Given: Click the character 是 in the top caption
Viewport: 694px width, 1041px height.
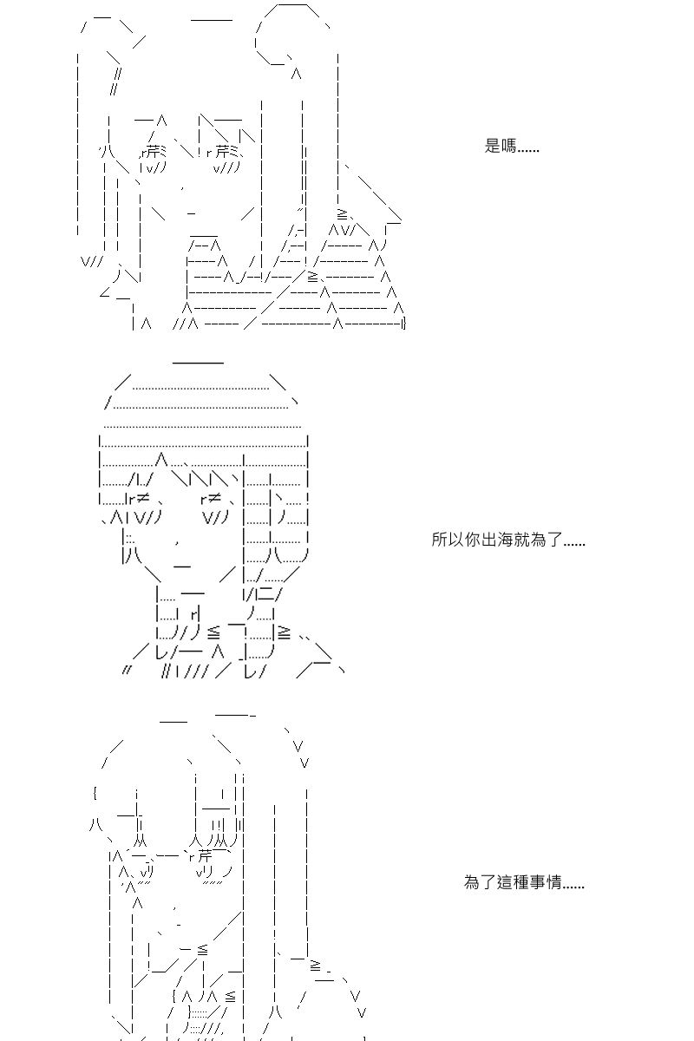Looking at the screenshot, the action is click(x=492, y=146).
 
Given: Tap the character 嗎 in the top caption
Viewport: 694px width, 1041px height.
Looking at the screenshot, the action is click(x=508, y=146).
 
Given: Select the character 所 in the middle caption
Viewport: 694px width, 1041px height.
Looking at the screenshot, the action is click(x=439, y=539).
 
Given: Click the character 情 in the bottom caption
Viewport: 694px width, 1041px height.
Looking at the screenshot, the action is click(x=554, y=881).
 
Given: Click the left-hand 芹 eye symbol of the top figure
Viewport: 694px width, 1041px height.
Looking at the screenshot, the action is click(x=152, y=152).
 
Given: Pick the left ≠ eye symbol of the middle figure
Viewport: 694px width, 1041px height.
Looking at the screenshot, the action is click(x=143, y=498).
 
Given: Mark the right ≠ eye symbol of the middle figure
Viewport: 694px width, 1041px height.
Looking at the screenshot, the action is click(x=214, y=498).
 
